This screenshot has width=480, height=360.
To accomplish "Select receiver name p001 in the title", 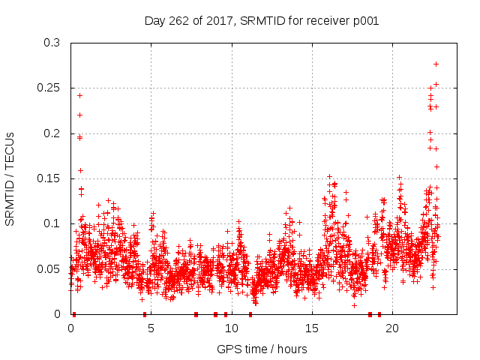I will click(364, 21).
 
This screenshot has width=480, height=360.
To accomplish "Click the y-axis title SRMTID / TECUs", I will click(10, 178).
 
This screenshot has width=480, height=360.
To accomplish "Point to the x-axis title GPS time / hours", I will click(262, 349).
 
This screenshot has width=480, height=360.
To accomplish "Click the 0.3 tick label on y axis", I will click(51, 43).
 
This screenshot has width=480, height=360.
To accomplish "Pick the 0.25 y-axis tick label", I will click(48, 88).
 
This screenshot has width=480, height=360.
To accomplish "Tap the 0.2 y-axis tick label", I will click(51, 133).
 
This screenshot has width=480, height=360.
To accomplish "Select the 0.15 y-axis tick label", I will click(48, 178).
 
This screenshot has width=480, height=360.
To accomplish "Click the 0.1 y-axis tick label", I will click(51, 223).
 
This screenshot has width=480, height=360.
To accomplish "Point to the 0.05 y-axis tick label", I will click(48, 268).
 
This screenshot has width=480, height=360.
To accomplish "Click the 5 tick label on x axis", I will click(151, 328).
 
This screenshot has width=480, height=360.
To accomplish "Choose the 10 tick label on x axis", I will click(231, 328).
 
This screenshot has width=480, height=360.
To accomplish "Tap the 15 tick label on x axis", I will click(311, 328).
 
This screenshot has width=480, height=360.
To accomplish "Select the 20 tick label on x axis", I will click(391, 328).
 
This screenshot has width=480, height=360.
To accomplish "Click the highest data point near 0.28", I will click(436, 64).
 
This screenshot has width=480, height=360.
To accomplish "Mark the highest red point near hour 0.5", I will click(79, 95).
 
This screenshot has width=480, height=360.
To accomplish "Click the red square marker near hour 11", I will click(250, 314).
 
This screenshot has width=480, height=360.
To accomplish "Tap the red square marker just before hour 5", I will click(145, 314).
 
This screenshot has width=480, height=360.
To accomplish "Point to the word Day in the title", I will click(154, 21).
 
